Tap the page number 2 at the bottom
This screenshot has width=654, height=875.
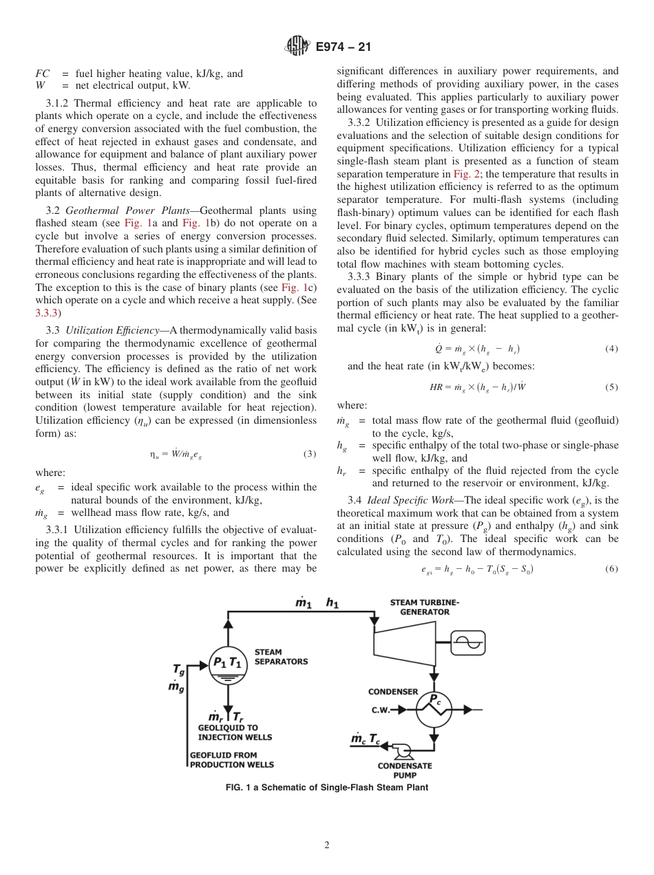point(327,845)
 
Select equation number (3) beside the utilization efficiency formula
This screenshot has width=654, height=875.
point(309,453)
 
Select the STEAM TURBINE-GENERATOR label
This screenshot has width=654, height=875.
point(424,607)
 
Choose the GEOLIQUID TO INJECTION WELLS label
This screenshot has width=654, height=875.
point(235,732)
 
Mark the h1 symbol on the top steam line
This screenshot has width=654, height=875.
point(333,603)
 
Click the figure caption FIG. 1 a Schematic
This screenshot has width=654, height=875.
point(327,788)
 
